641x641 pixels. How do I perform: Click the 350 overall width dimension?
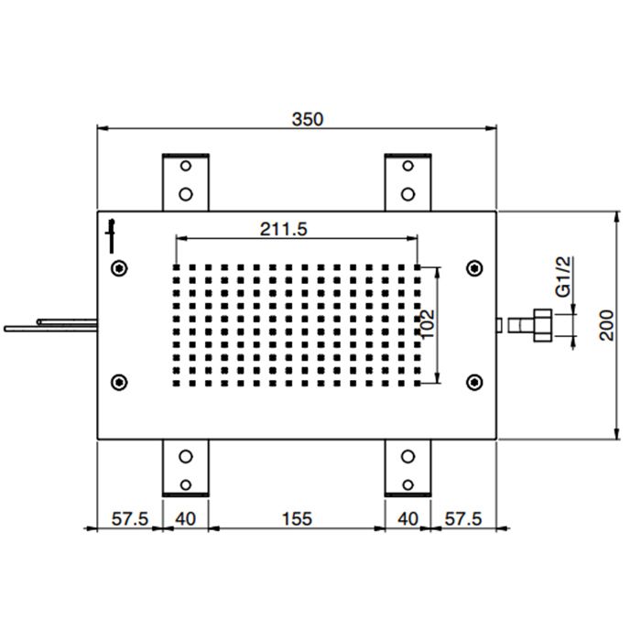coord(308,118)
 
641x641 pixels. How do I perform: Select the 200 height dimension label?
coord(607,324)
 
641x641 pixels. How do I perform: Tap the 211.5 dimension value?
coord(282,229)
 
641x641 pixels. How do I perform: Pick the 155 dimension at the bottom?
coord(296,518)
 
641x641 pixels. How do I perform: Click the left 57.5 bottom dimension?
coord(130,518)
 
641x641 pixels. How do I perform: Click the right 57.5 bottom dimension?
coord(463,518)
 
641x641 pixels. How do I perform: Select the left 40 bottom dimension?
coord(185,518)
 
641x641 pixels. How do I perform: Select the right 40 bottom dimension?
coord(407,518)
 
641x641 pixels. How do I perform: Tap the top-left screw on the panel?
coord(118,267)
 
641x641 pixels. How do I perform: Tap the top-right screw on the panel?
coord(473,267)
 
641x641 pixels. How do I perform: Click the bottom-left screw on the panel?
coord(118,381)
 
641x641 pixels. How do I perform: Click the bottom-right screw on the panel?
coord(473,381)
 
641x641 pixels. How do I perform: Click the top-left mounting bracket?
coord(186,180)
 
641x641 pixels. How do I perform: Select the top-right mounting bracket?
coord(408,180)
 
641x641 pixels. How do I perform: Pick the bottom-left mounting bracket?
coord(186,468)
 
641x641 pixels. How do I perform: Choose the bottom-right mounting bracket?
coord(408,468)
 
